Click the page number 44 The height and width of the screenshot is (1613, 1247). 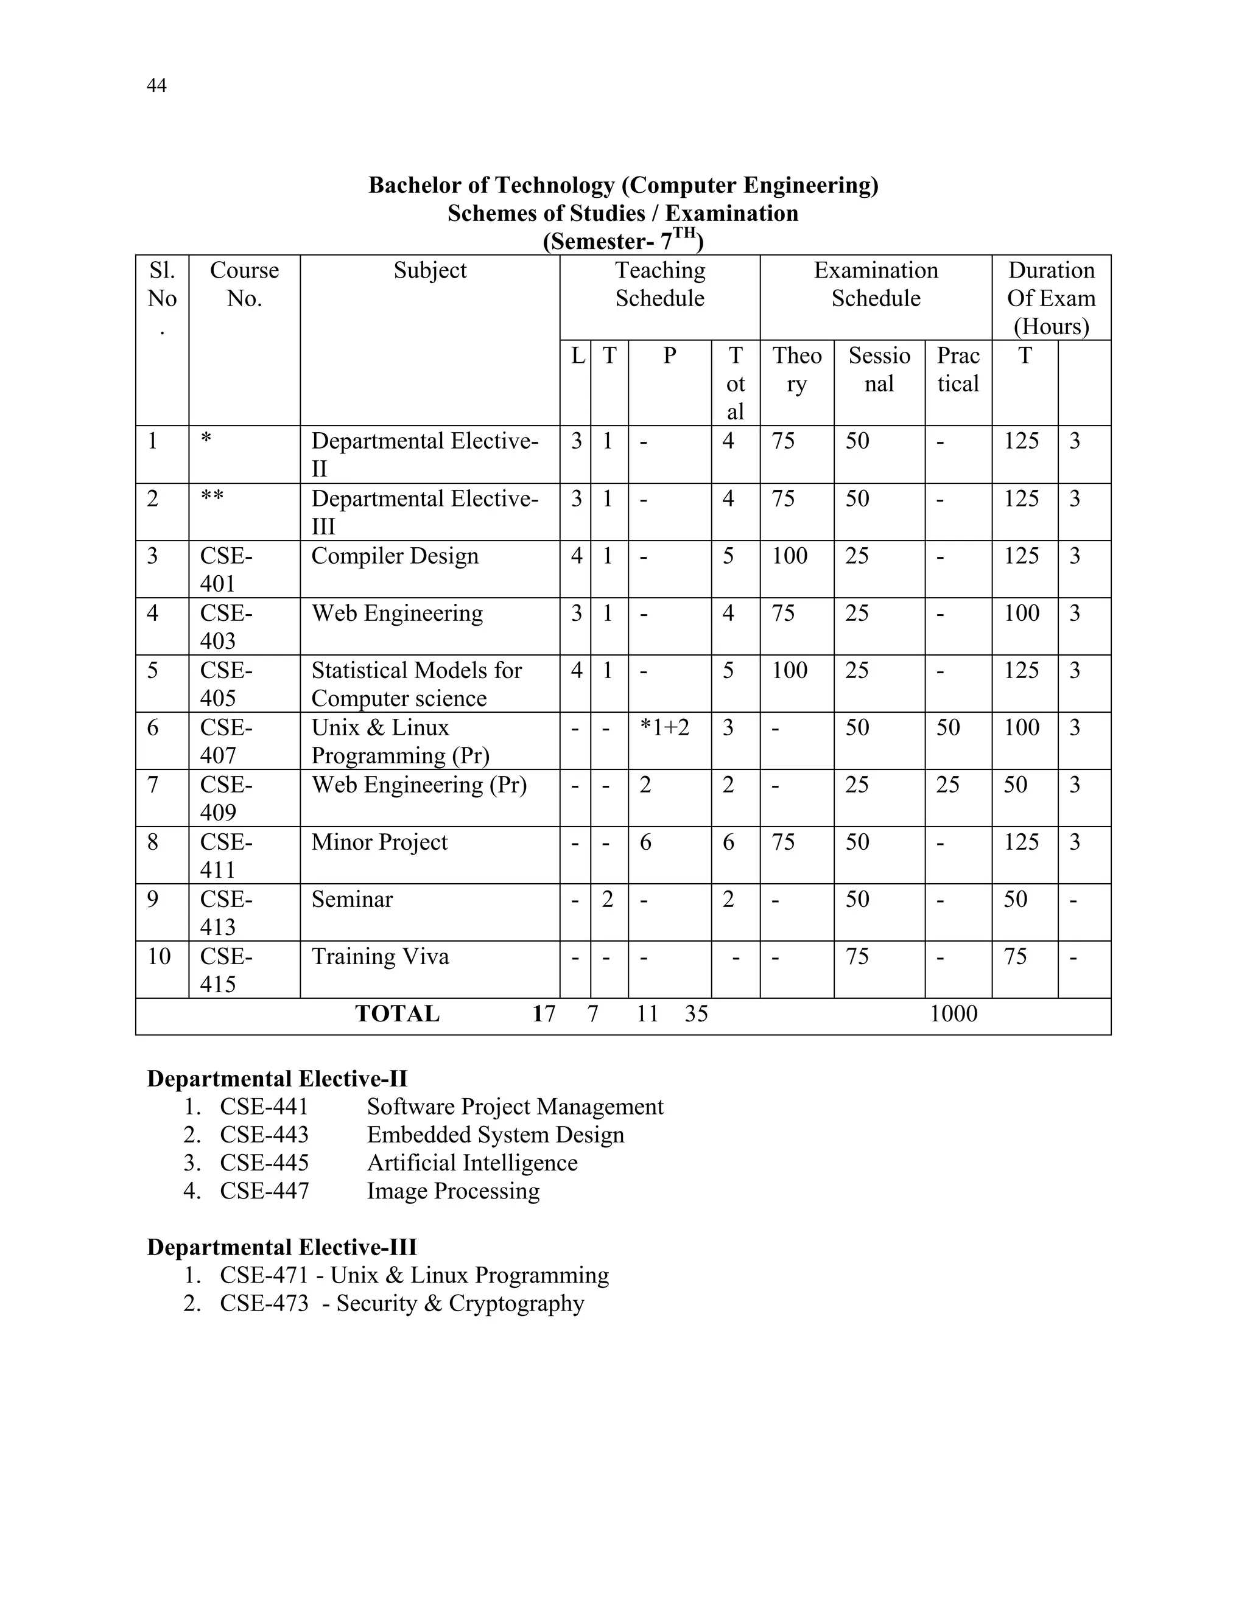click(156, 86)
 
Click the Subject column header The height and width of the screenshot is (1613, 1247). click(429, 270)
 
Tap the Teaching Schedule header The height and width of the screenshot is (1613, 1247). click(659, 284)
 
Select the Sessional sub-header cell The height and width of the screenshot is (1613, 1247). click(879, 369)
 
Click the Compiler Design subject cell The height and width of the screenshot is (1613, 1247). click(395, 556)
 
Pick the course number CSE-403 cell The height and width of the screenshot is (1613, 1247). click(225, 626)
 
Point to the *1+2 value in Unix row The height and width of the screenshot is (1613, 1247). click(664, 727)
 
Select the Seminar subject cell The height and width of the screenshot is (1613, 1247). click(352, 900)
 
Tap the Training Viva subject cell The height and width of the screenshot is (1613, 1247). click(380, 956)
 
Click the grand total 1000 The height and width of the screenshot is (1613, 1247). click(953, 1014)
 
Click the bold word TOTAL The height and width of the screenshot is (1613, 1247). click(397, 1014)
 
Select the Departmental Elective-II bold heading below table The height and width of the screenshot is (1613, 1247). click(277, 1079)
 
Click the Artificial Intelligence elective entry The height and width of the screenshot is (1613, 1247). click(472, 1163)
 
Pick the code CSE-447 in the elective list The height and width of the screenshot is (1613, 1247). click(264, 1191)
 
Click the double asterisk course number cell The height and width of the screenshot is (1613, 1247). click(212, 499)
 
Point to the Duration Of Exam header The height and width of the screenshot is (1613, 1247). click(1050, 298)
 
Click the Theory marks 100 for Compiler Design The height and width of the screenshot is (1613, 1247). click(789, 556)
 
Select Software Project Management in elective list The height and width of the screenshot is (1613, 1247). click(515, 1107)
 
